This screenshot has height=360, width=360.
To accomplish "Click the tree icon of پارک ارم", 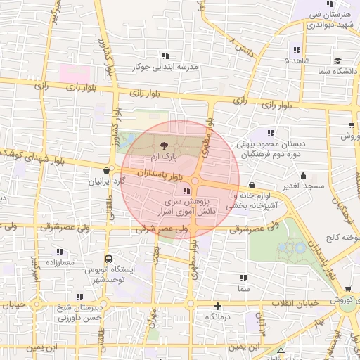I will point(164,146).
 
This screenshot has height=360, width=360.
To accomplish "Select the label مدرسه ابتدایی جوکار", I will point(167,68).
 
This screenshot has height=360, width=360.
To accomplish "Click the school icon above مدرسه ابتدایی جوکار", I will point(166,56).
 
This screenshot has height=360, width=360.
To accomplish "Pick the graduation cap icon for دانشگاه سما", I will point(338,60).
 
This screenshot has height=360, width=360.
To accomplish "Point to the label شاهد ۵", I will point(296,61).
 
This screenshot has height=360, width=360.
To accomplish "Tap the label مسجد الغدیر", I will point(304,186).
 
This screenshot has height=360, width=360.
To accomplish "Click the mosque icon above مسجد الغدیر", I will point(303,175).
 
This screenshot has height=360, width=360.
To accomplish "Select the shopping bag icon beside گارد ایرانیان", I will point(106,169).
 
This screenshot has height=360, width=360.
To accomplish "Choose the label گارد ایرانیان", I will point(105,181).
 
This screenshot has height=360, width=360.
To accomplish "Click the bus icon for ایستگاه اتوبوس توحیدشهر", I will point(108,258).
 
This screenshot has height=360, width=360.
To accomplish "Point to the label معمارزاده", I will point(59,262).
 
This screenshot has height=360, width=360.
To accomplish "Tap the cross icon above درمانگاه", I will point(218,306).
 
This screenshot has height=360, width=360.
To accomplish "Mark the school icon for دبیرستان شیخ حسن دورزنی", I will point(79,297).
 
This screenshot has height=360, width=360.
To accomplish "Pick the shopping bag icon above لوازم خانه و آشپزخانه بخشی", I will point(252,185).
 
